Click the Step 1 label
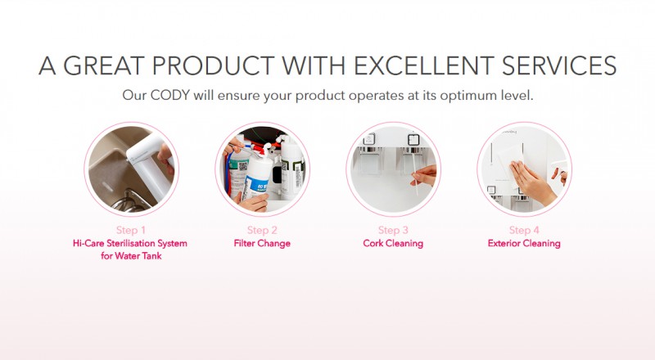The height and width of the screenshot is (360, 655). coord(132,230)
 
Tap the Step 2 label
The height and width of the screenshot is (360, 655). coord(263,230)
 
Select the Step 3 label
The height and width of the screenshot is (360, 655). coord(394,230)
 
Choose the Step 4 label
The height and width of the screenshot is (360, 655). coord(525,230)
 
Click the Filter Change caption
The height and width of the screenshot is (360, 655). coord(263,243)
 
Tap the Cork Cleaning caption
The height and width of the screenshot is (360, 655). coord(393,243)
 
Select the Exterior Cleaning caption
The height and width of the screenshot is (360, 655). coord(524,243)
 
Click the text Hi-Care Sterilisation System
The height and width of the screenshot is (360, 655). coord(132,243)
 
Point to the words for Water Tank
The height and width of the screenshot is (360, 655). coord(132,255)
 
